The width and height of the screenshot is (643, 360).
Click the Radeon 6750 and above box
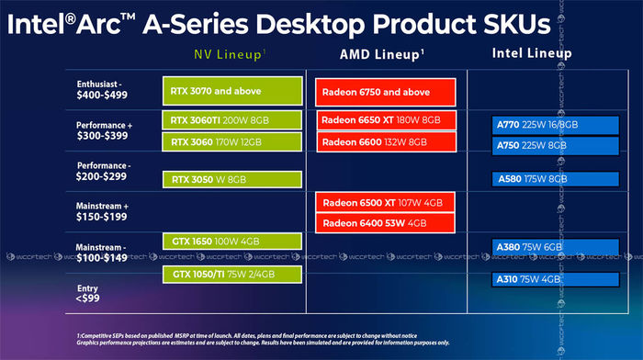[x=386, y=92]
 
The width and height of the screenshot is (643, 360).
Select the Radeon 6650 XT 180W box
[x=386, y=120]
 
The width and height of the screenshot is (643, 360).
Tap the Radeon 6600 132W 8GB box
[x=386, y=141]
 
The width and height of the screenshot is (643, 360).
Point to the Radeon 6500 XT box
[x=386, y=203]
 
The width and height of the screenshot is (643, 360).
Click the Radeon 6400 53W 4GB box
[x=386, y=224]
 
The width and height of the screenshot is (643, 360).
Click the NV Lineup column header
[x=229, y=53]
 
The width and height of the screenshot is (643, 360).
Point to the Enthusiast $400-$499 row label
[x=102, y=88]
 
